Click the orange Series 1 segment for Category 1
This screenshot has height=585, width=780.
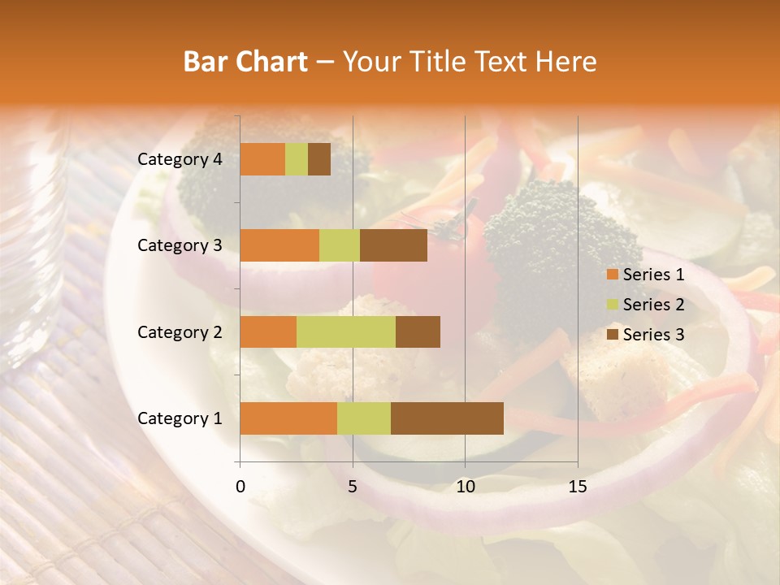coord(288,418)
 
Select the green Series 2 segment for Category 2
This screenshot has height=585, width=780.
coord(346,331)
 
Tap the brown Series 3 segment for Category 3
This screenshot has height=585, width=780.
coord(393,245)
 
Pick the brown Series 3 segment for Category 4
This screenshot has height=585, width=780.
coord(319,159)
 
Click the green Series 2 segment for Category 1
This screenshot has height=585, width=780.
coord(364,418)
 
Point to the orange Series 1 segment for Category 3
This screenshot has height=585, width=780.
coord(279,245)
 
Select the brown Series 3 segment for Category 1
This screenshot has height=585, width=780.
coord(447,418)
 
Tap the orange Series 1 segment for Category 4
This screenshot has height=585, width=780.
coord(262,159)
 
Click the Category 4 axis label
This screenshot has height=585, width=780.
coord(180,159)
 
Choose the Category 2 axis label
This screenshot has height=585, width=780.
coord(180,331)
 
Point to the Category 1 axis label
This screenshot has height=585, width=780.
coord(180,418)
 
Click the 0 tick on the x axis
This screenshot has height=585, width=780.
coord(240,487)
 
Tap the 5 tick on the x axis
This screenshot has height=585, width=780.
coord(353,487)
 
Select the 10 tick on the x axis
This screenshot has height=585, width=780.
coord(465,487)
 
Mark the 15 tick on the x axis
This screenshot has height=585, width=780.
coord(577,487)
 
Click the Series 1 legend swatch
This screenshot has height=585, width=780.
coord(612,275)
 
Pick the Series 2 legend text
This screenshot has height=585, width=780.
coord(653,305)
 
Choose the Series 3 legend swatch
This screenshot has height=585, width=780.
coord(612,335)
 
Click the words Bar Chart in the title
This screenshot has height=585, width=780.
coord(245,62)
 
